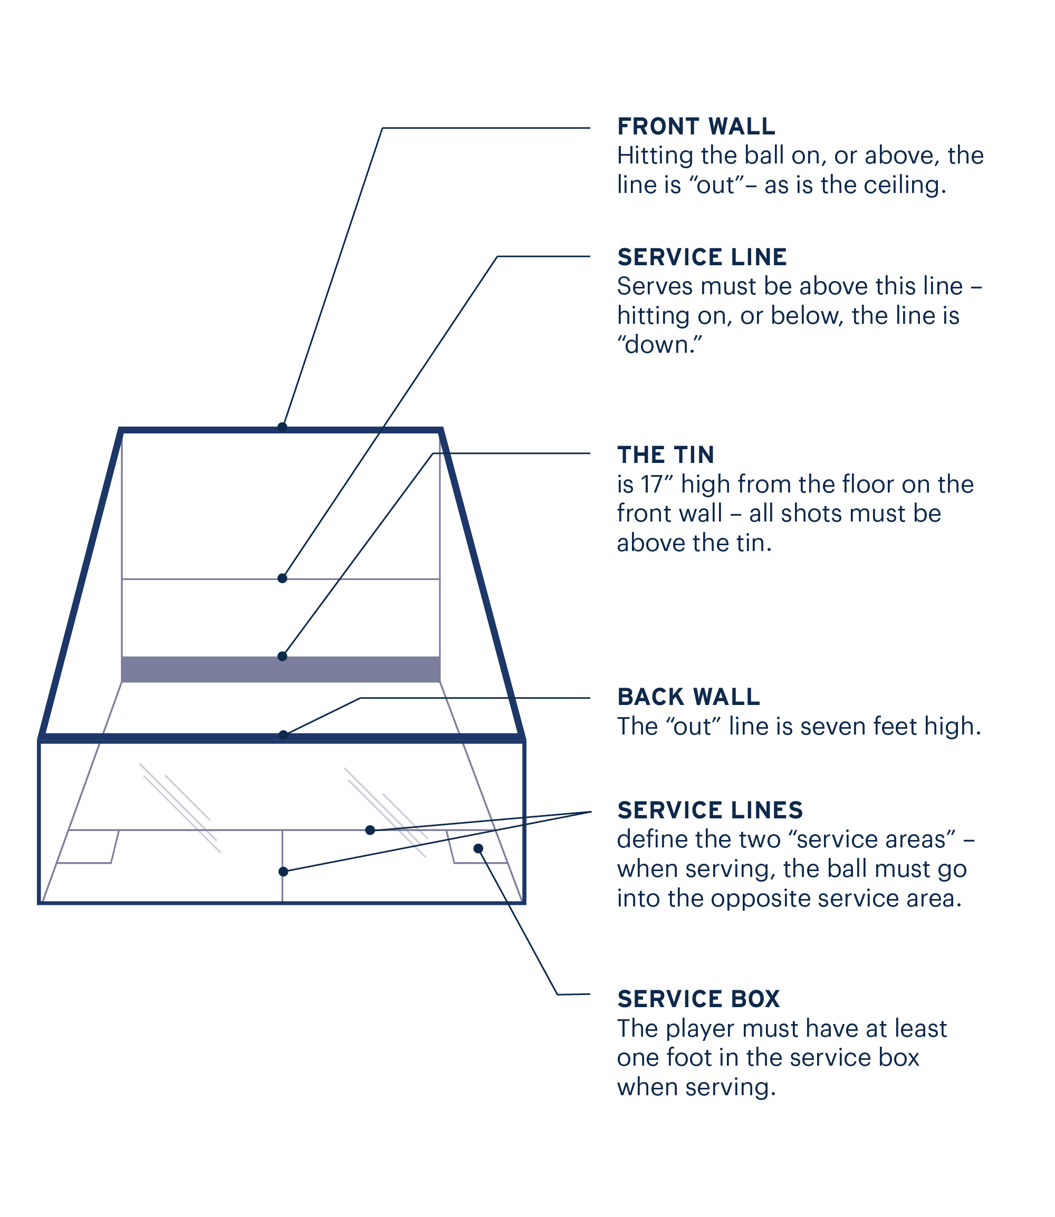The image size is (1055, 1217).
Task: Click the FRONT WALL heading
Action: (x=696, y=127)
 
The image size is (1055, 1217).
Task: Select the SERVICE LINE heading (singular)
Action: (x=702, y=257)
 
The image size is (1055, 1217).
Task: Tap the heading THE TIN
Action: (x=665, y=455)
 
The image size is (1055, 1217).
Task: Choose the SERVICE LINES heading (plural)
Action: (x=710, y=810)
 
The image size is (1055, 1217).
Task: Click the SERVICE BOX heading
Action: (x=698, y=999)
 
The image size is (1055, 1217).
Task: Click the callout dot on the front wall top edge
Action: (x=282, y=427)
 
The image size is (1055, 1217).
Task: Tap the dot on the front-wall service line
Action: (x=282, y=578)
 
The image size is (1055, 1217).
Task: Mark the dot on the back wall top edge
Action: (x=283, y=735)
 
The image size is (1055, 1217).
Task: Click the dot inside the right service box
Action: (x=478, y=848)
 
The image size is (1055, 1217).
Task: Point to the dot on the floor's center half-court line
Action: (x=283, y=872)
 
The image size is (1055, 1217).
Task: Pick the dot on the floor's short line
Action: (x=370, y=830)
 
